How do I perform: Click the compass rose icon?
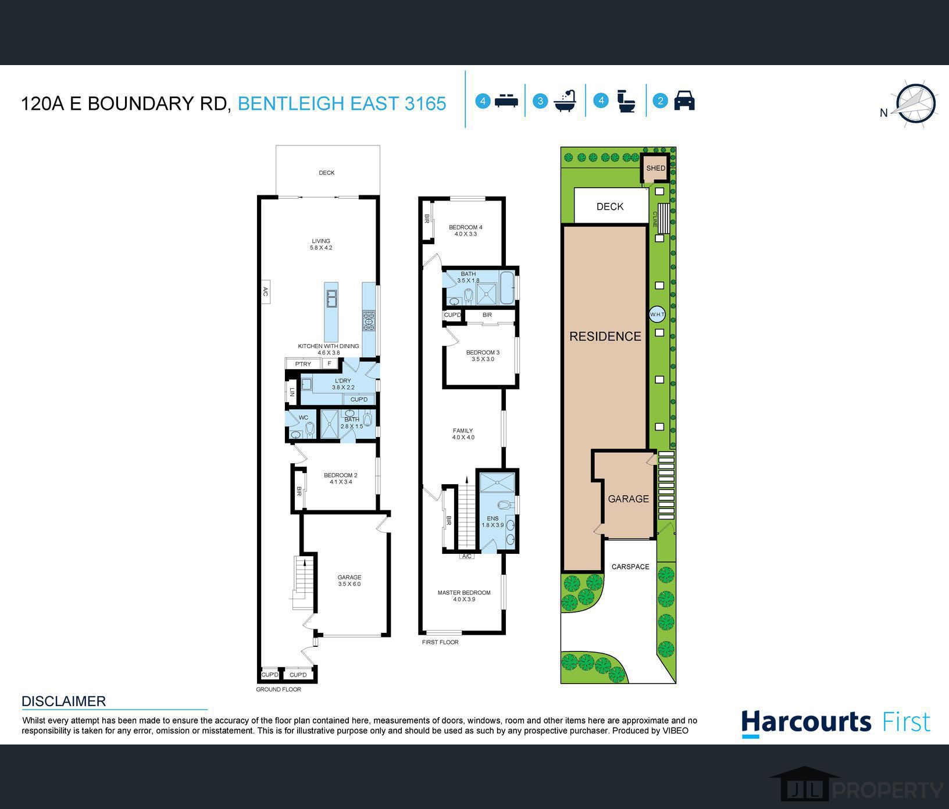pos(915,104)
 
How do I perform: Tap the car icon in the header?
pos(684,101)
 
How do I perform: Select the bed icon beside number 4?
pos(506,101)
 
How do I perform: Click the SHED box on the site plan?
pos(655,168)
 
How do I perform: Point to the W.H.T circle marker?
pos(657,314)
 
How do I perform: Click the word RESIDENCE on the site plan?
pos(605,336)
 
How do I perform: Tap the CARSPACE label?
pos(630,567)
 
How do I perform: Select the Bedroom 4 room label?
pos(465,227)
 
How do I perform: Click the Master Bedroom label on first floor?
pos(464,593)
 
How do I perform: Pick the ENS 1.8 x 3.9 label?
pos(493,521)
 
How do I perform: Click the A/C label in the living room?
pos(265,291)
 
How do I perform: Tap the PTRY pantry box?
pos(303,364)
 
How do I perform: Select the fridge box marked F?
pos(329,364)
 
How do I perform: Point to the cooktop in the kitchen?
pos(369,320)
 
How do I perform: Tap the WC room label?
pos(304,417)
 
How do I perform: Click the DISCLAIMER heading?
pos(64,701)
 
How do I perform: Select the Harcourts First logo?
pos(836,723)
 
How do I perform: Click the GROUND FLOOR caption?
pos(279,689)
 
